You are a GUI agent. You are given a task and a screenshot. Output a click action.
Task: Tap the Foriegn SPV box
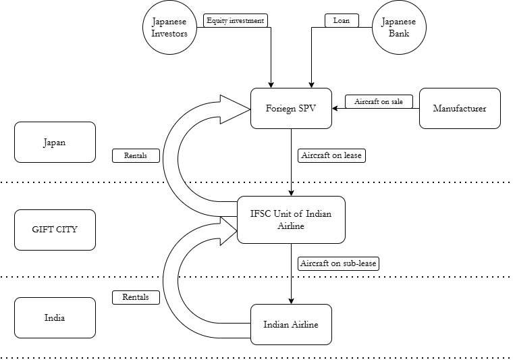291,108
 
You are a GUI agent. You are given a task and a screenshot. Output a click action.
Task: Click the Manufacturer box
460,108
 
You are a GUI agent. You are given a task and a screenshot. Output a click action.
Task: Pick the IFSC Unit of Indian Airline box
291,220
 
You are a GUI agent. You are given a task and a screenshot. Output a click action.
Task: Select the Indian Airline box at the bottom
291,324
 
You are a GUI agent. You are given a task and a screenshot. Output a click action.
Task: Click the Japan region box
55,142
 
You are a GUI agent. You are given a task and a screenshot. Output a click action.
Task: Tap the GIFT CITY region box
55,230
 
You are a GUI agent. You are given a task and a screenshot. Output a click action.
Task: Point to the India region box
55,317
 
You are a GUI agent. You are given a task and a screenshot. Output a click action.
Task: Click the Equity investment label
236,20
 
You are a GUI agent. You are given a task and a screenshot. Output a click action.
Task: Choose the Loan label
341,20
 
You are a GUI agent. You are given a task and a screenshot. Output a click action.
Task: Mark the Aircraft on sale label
379,101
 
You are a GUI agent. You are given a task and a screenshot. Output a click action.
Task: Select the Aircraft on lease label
331,155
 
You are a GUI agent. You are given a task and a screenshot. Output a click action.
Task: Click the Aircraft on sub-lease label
337,263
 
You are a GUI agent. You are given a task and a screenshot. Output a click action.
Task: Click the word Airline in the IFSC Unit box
291,226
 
